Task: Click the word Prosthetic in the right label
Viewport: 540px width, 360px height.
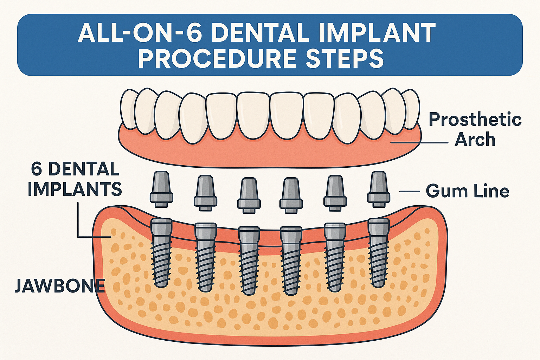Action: (x=475, y=120)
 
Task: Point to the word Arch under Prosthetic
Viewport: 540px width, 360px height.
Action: (x=475, y=140)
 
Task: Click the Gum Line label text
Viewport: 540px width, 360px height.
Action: (x=467, y=191)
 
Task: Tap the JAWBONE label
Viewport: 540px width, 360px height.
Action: (x=60, y=286)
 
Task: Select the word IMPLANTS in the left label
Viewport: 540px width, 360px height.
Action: (x=75, y=189)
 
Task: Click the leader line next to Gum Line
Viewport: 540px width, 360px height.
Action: (x=410, y=192)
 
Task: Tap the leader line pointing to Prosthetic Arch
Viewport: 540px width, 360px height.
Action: (x=418, y=142)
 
